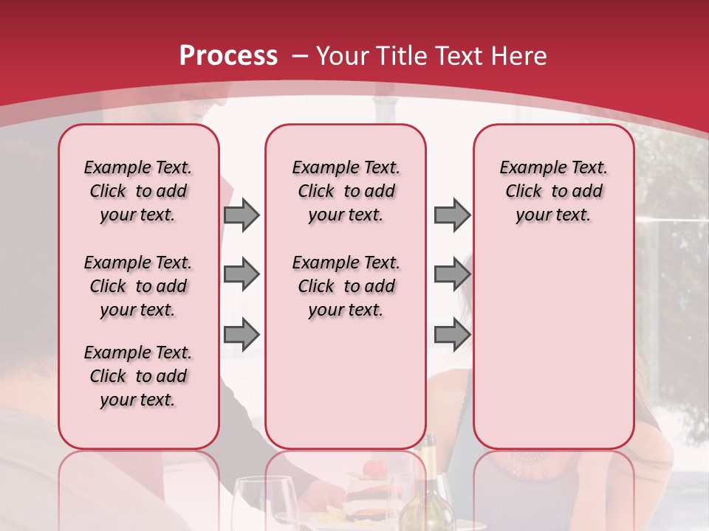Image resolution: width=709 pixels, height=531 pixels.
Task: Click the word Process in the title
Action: [x=228, y=56]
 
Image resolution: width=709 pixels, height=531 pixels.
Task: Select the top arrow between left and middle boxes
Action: [x=242, y=215]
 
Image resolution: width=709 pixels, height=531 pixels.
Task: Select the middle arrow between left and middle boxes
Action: [x=242, y=275]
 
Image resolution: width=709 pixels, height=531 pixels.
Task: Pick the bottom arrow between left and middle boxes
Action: [x=242, y=335]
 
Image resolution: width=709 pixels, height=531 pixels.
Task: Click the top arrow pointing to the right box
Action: [x=452, y=215]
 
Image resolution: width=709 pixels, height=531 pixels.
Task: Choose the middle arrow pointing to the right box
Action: [x=452, y=275]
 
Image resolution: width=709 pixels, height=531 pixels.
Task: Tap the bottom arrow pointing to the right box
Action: [x=452, y=335]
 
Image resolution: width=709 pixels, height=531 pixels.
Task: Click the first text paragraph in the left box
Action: [x=138, y=191]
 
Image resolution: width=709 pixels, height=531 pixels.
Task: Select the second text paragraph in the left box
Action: [x=138, y=286]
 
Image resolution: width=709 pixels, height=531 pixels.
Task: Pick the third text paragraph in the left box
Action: [x=138, y=376]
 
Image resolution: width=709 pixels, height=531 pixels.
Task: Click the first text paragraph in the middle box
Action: [x=346, y=191]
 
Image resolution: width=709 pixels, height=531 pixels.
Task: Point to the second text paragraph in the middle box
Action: [x=346, y=286]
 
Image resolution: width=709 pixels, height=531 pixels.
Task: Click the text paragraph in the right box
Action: [x=554, y=191]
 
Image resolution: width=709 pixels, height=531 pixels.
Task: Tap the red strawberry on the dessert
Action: [x=376, y=468]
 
